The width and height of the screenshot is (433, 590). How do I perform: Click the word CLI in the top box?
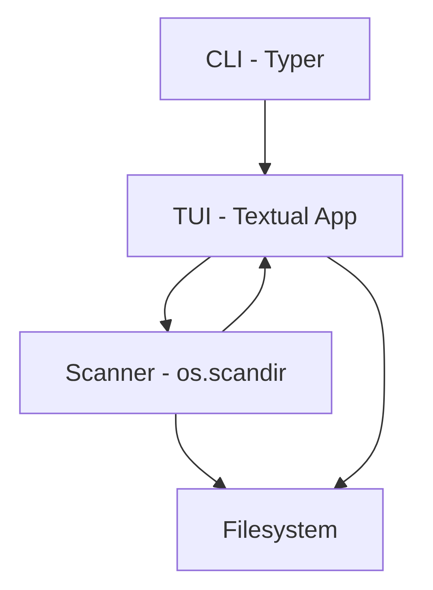(x=224, y=59)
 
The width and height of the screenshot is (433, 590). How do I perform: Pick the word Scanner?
(x=110, y=373)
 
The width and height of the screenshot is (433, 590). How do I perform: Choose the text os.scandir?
(x=231, y=373)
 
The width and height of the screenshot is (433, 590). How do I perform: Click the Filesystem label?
(x=280, y=530)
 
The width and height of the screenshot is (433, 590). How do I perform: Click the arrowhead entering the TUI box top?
(x=265, y=169)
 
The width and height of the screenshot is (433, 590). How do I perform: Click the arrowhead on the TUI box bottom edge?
(x=265, y=262)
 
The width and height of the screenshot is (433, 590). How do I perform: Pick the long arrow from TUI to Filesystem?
(x=384, y=372)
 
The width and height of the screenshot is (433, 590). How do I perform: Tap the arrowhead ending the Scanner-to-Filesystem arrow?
(x=220, y=484)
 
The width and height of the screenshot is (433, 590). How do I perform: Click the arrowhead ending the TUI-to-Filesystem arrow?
(x=340, y=483)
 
